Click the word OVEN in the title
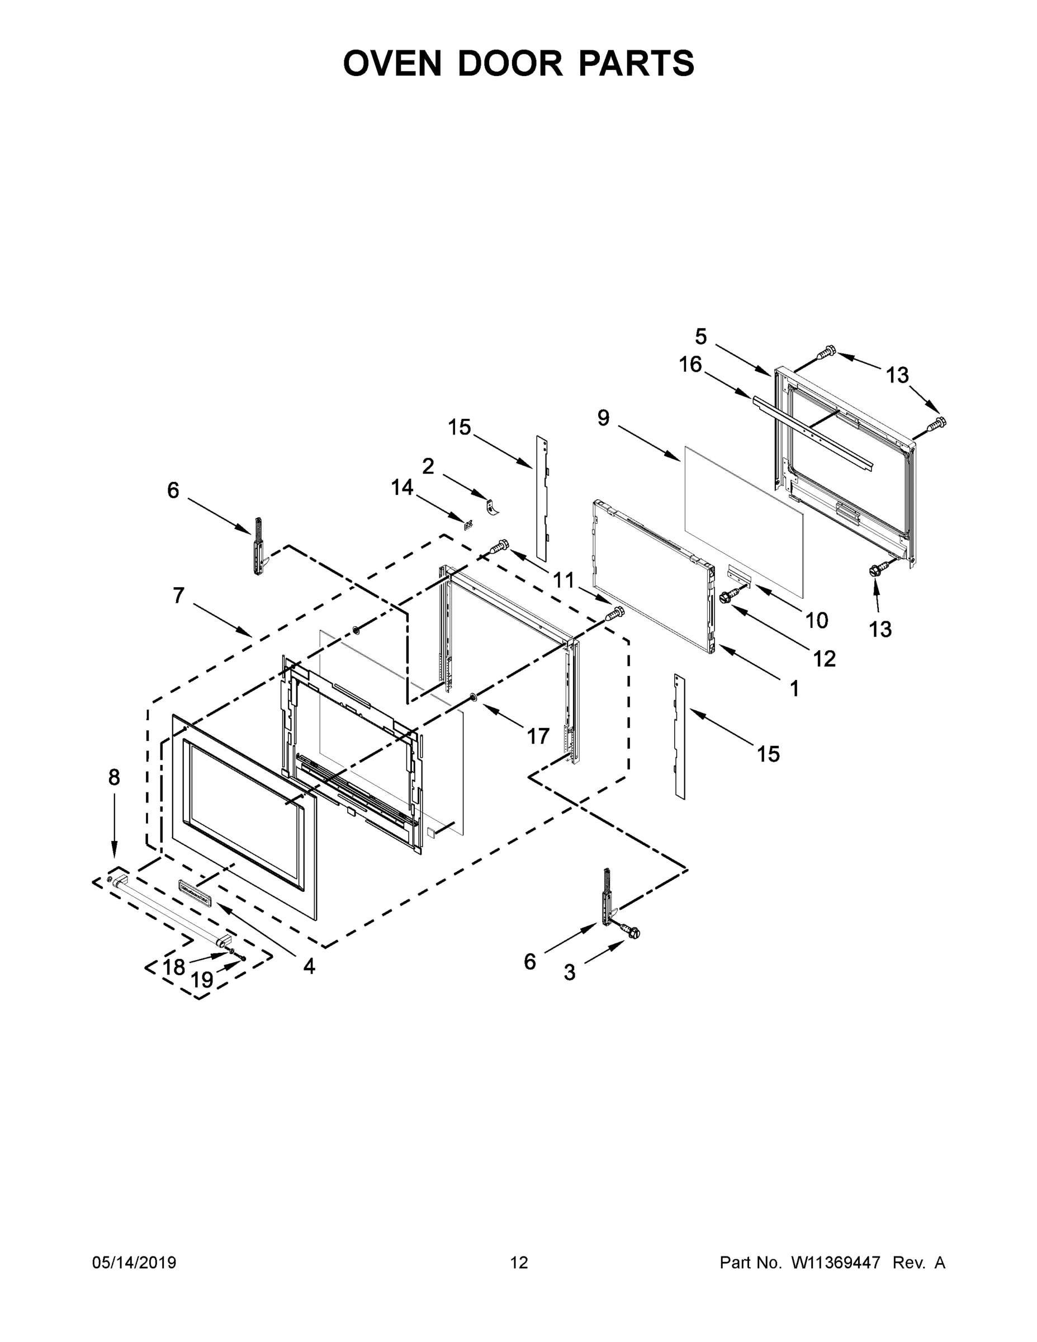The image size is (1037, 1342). (392, 63)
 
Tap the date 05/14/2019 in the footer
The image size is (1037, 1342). (134, 1263)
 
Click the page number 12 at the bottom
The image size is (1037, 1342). (519, 1263)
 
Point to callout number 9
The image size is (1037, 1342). (603, 418)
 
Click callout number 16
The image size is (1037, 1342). (690, 365)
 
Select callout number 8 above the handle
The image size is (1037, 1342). (114, 777)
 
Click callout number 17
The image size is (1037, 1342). (538, 735)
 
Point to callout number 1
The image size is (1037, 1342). (794, 689)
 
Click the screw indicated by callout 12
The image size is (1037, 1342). (728, 596)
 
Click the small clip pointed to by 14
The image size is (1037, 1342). (468, 524)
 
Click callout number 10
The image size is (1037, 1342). (816, 621)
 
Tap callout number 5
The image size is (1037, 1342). (701, 336)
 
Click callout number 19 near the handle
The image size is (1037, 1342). (202, 980)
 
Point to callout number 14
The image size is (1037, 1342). (403, 488)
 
